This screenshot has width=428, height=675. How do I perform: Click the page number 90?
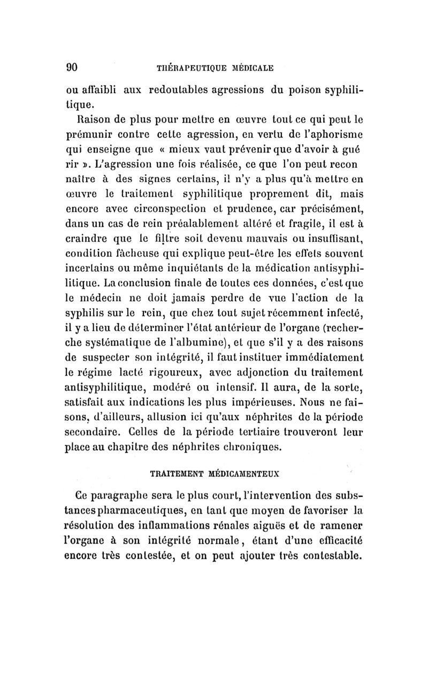pyautogui.click(x=72, y=67)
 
